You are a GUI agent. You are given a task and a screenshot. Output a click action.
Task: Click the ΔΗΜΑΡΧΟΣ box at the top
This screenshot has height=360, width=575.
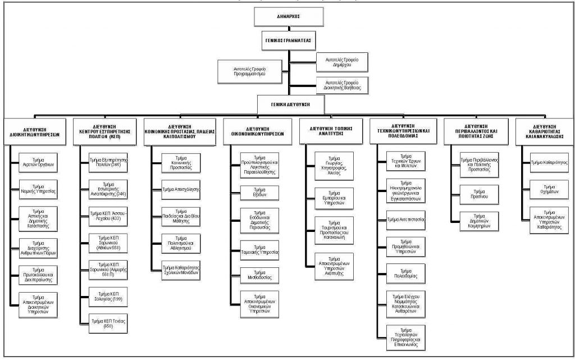289,16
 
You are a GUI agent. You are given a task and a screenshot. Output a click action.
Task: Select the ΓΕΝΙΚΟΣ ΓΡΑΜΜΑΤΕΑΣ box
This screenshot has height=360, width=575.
289,41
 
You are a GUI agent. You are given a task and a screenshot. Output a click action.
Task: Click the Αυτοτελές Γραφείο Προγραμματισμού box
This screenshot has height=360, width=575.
249,71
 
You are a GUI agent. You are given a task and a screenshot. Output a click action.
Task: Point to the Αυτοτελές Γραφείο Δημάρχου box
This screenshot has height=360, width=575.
342,62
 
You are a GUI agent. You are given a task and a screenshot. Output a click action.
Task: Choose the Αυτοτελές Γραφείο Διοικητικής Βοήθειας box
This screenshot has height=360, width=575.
342,85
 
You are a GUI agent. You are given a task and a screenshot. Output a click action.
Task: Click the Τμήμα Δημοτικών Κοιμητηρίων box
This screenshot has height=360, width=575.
478,220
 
